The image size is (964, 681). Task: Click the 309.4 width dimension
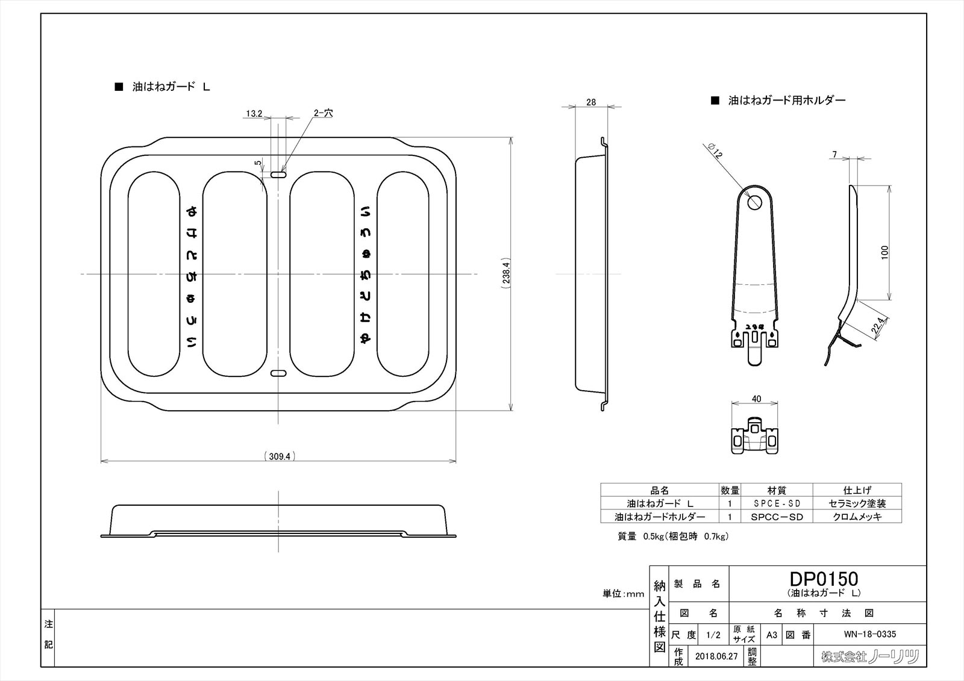pos(280,456)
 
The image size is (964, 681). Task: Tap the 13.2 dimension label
pos(254,113)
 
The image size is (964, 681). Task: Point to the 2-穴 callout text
pos(323,113)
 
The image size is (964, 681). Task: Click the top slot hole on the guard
pos(278,175)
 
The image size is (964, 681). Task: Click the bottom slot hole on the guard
pos(278,374)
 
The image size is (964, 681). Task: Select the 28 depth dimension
pos(591,102)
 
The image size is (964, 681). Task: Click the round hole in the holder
pos(754,202)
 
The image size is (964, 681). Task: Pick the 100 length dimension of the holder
pos(884,252)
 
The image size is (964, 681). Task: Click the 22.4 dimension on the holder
pos(878,326)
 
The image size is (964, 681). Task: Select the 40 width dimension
pos(757,399)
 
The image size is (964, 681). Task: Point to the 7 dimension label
pos(834,155)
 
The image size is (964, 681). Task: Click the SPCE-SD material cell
pos(777,503)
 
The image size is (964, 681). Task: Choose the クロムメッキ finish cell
pos(857,517)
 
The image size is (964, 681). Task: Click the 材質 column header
pos(777,490)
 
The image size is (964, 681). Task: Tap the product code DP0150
pos(824,579)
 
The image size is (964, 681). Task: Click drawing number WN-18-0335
pos(869,634)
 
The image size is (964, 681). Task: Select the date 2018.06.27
pos(716,656)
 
